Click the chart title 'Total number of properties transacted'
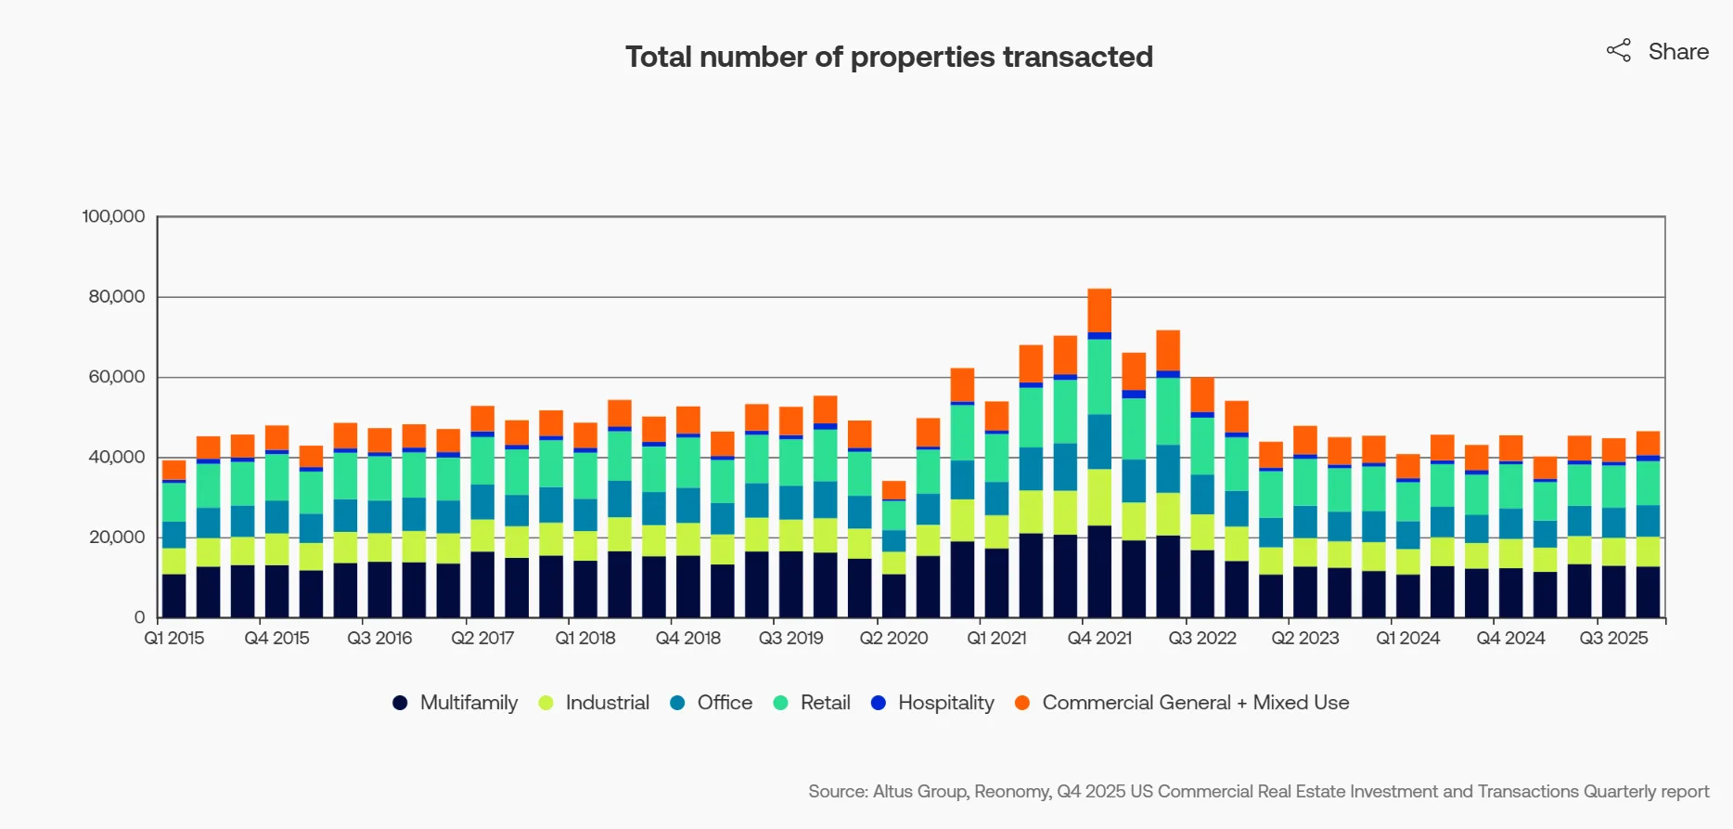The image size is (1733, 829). click(889, 58)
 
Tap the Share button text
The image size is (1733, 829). click(1677, 52)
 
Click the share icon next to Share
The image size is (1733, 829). click(1618, 51)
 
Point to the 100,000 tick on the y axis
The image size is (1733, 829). click(113, 216)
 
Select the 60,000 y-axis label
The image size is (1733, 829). click(117, 377)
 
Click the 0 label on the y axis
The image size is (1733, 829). click(139, 617)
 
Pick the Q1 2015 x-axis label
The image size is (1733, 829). click(173, 639)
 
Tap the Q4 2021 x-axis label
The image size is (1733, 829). click(1099, 639)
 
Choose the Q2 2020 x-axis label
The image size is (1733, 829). click(893, 639)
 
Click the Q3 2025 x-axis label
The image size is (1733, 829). click(1613, 639)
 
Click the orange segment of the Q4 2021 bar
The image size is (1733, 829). click(1099, 310)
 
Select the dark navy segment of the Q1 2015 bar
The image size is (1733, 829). click(173, 596)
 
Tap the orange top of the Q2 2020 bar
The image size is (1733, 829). click(893, 490)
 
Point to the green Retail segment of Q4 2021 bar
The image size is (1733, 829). click(1099, 376)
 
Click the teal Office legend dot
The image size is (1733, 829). click(677, 703)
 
